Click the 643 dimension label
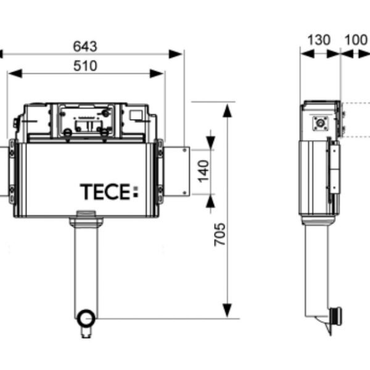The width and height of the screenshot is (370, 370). pos(85,46)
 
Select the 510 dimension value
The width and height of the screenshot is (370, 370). pos(85,66)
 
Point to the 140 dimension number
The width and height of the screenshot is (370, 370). pos(203,171)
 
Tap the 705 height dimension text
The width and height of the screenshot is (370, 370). pos(220,234)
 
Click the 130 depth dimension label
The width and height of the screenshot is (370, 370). pos(319,40)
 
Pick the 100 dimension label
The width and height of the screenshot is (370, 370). pos(356,40)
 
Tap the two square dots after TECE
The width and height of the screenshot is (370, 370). pos(136,191)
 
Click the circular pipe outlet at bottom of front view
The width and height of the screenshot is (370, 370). pos(86,318)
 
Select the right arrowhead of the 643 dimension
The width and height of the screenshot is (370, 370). pos(176,54)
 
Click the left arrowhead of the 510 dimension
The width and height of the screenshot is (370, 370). pos(15,73)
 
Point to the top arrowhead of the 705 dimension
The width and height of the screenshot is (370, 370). pos(227,110)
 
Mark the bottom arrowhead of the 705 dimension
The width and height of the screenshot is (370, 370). pos(227,310)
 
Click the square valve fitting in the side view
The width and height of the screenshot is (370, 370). pos(321,123)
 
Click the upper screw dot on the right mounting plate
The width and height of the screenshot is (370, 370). pos(185,150)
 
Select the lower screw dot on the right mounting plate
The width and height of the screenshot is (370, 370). pos(185,192)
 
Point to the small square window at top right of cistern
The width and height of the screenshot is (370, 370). pos(136,115)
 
